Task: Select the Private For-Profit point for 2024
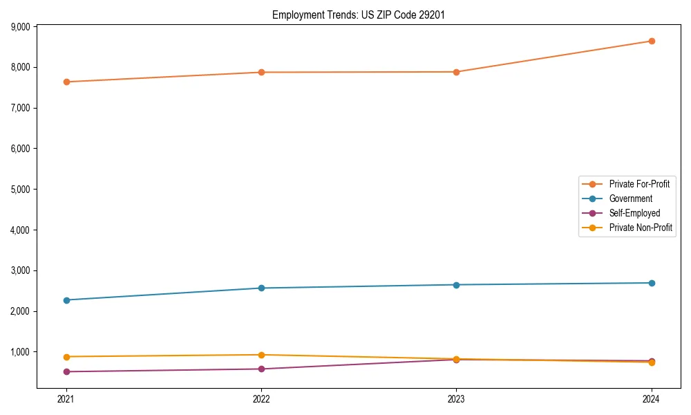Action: [x=652, y=41]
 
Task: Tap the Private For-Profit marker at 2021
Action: [x=66, y=82]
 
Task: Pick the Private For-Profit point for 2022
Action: [x=261, y=72]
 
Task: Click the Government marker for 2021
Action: [x=66, y=300]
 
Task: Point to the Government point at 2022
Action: [x=261, y=288]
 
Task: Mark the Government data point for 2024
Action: [x=652, y=283]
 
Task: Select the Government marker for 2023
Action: [x=456, y=285]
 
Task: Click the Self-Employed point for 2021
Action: [x=66, y=371]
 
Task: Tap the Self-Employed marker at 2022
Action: [x=261, y=369]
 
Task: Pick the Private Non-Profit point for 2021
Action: [x=66, y=357]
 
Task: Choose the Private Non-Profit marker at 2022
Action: [x=261, y=355]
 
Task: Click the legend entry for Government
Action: [x=630, y=199]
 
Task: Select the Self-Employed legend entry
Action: [x=634, y=213]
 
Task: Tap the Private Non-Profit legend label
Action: [x=641, y=228]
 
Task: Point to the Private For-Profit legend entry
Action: [x=639, y=184]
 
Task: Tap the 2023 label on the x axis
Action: [x=456, y=398]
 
